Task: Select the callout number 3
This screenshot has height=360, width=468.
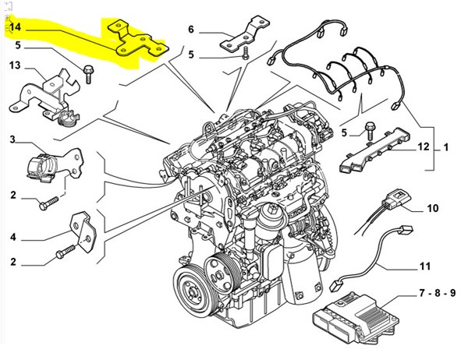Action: (x=12, y=139)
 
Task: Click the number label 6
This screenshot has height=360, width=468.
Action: (x=190, y=30)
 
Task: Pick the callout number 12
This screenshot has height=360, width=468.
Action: (x=423, y=146)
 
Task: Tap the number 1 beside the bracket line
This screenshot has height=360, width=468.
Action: (x=446, y=146)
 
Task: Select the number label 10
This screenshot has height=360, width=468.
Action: (x=432, y=208)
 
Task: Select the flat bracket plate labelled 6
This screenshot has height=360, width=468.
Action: (x=243, y=37)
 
